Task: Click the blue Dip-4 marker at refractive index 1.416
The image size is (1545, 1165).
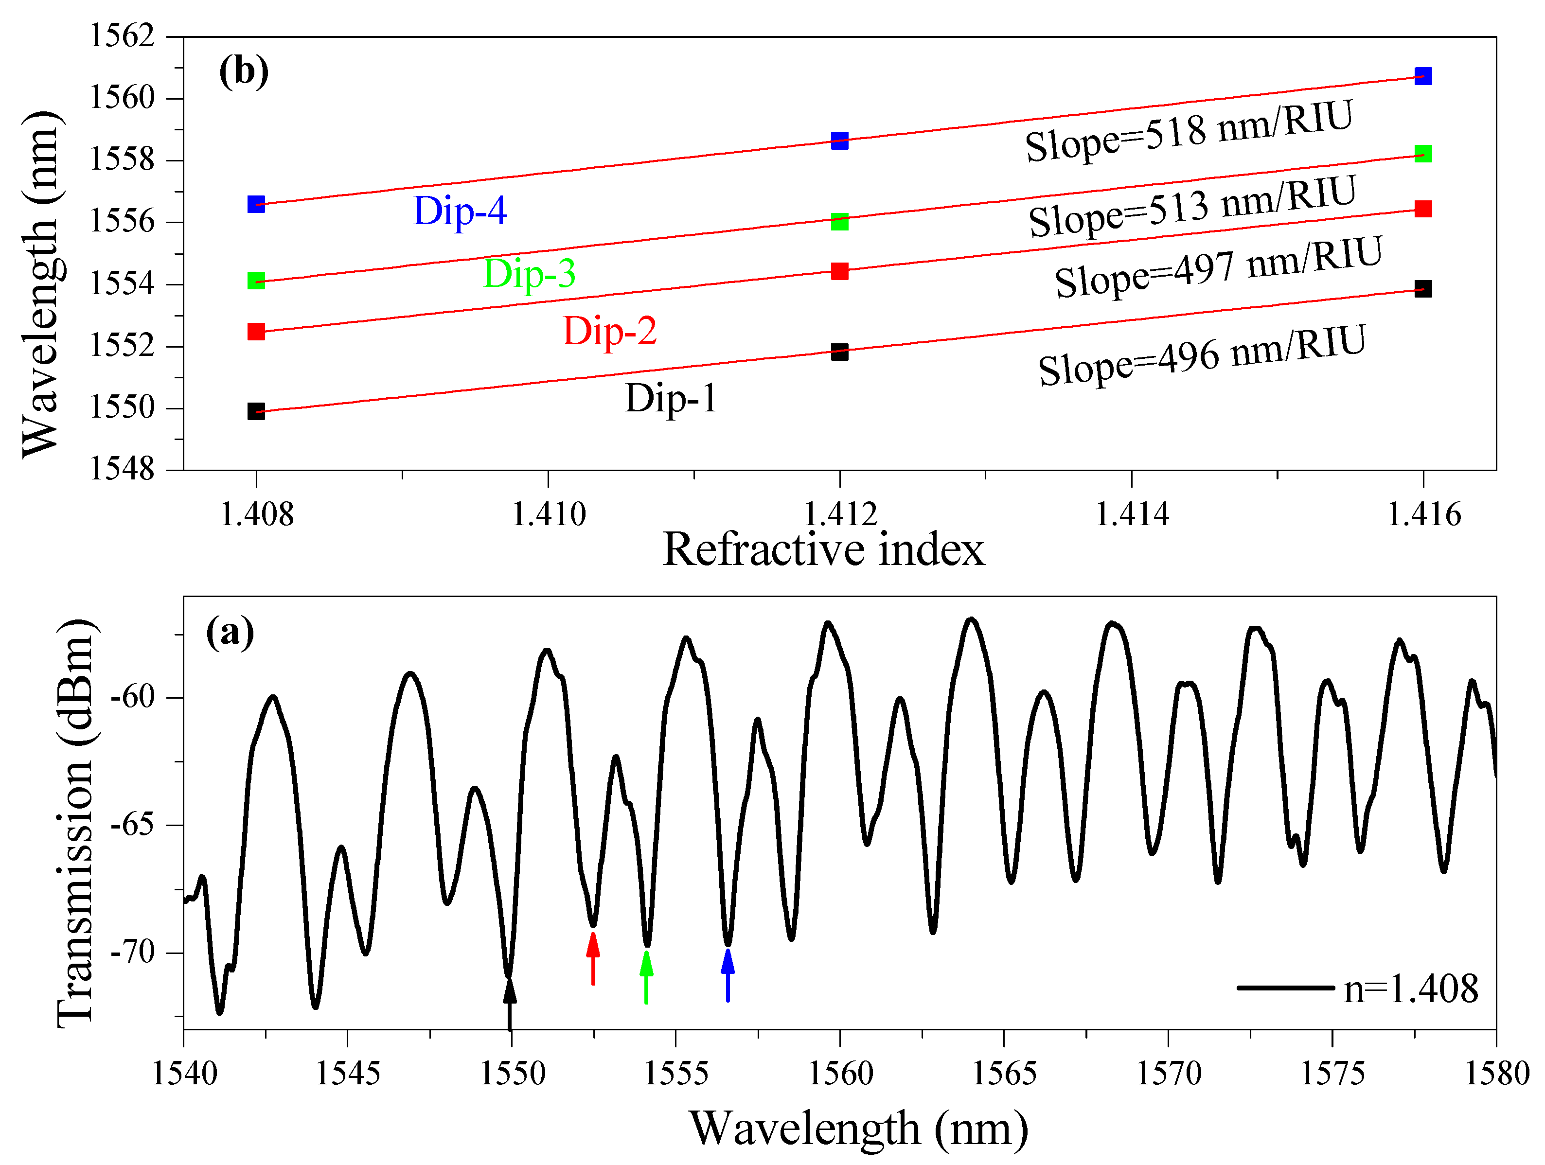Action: point(1423,76)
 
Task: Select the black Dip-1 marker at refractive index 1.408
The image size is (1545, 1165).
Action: point(256,411)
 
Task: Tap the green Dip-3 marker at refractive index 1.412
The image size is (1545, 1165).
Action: point(839,222)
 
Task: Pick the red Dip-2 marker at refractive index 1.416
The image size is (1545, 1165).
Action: point(1423,209)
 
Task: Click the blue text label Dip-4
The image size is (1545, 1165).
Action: point(460,211)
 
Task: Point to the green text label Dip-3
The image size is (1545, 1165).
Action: point(530,273)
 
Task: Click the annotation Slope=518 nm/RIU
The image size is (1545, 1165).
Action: point(1189,131)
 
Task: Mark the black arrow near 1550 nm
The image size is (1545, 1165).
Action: point(510,1002)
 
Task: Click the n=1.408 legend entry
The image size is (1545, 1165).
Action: point(1359,989)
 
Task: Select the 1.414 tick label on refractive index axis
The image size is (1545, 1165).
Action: point(1132,515)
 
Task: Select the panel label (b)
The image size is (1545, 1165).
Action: point(244,72)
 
